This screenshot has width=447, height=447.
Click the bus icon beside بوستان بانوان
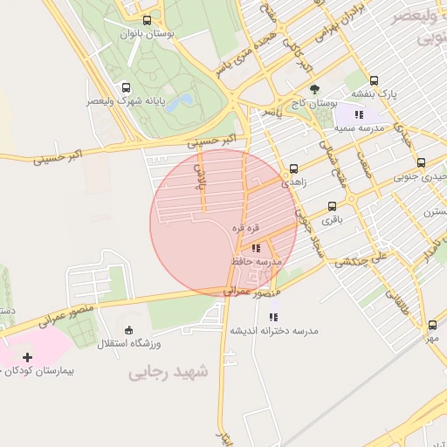pos(146,20)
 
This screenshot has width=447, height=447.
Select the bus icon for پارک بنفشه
pos(375,80)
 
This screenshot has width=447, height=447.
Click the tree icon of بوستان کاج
pos(314,89)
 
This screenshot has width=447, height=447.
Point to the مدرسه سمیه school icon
pos(358,114)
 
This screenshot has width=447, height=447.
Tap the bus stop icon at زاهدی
pos(292,169)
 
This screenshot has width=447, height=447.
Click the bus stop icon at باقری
pos(332,207)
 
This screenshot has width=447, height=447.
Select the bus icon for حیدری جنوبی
pos(421,162)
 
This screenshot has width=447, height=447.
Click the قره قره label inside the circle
pos(245,227)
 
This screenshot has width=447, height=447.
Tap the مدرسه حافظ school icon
pos(256,249)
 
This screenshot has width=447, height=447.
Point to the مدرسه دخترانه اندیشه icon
pos(273,318)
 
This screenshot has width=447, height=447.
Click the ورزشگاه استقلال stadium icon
pos(129,330)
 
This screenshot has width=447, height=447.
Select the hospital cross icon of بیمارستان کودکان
pos(28,357)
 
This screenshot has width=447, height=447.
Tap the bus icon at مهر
pos(432,324)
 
